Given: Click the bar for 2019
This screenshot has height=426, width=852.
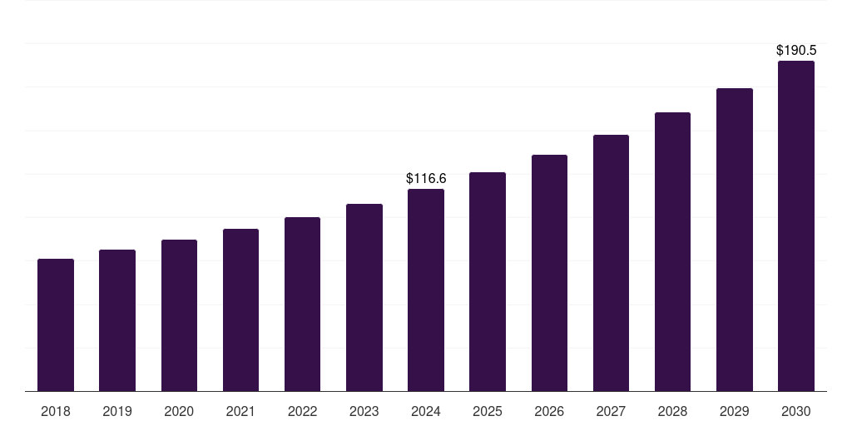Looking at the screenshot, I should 117,320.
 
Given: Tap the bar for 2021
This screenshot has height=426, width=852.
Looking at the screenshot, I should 240,310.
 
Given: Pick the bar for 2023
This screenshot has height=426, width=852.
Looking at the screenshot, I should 364,297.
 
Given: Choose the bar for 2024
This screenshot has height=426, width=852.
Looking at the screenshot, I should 426,290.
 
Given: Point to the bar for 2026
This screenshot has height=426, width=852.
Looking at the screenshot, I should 549,273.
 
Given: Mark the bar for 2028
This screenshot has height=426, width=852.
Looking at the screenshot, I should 672,251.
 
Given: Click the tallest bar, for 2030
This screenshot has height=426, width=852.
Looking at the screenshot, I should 796,225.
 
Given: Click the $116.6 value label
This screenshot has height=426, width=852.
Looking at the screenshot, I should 426,178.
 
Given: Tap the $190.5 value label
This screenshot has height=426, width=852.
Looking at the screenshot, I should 796,50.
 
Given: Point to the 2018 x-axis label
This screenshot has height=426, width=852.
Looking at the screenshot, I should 56,411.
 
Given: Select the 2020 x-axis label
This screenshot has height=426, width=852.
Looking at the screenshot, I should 179,411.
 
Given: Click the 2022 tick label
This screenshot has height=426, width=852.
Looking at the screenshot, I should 302,411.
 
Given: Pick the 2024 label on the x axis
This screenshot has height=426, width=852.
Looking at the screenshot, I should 426,411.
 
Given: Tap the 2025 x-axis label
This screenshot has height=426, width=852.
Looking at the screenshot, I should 488,411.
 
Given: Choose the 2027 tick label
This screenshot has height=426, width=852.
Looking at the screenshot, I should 611,411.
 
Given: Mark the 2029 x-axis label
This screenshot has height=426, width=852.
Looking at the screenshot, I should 735,411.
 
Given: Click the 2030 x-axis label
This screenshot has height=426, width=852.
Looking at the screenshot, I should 796,411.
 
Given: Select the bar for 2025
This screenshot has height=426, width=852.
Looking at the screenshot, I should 488,281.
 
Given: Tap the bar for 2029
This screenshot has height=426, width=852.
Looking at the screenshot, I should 735,240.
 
